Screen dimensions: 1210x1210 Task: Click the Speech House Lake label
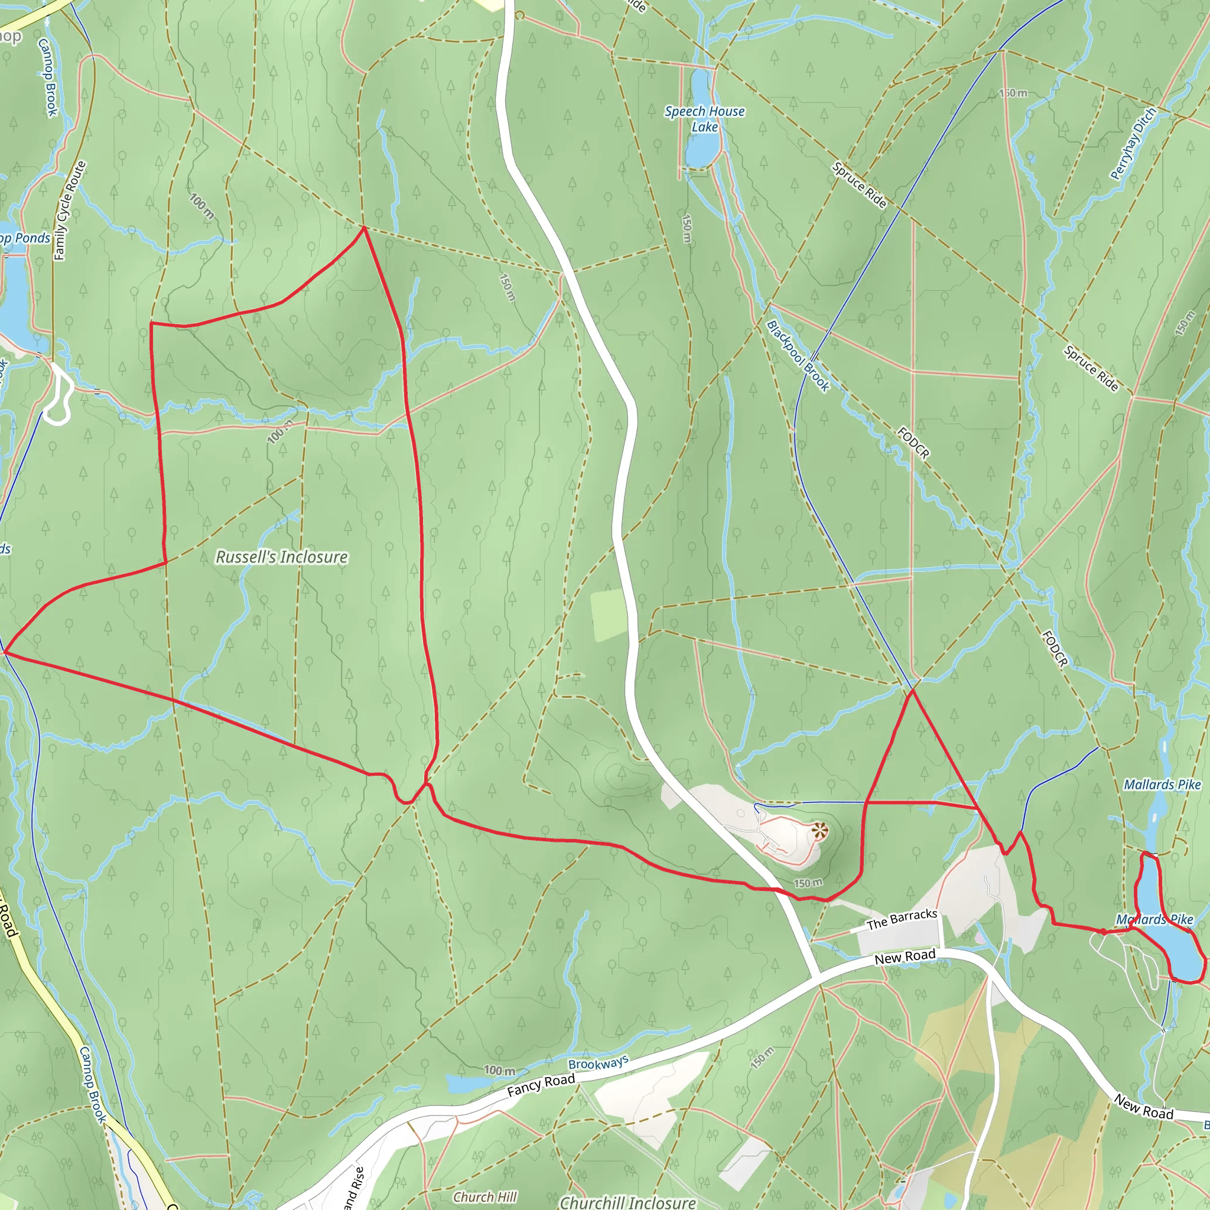pyautogui.click(x=705, y=119)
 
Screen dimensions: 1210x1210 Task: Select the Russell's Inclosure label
pyautogui.click(x=281, y=557)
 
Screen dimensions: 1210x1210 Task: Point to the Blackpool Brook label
pyautogui.click(x=799, y=356)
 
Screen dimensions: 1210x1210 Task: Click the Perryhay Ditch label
pyautogui.click(x=1133, y=144)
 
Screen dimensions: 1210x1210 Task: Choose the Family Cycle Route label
pyautogui.click(x=70, y=210)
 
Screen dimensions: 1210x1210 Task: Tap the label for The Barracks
pyautogui.click(x=901, y=919)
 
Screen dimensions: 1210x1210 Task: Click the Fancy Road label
pyautogui.click(x=541, y=1085)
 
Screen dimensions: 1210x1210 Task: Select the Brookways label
pyautogui.click(x=598, y=1063)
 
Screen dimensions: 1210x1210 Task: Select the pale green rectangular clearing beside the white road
pyautogui.click(x=609, y=615)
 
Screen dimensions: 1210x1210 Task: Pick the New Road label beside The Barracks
pyautogui.click(x=905, y=957)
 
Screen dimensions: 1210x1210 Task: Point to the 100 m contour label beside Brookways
pyautogui.click(x=500, y=1071)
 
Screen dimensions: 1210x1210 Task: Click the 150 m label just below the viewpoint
pyautogui.click(x=808, y=883)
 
